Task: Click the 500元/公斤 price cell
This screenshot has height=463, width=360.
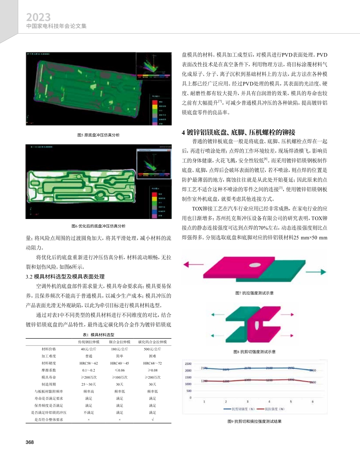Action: (152, 349)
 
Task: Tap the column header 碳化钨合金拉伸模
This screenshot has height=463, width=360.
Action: (152, 342)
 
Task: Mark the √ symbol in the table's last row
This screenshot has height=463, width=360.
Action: (152, 419)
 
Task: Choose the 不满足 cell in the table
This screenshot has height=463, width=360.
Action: (88, 412)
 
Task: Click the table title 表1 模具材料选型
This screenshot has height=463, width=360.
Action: (99, 335)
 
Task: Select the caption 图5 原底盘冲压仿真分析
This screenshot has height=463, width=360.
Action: (98, 135)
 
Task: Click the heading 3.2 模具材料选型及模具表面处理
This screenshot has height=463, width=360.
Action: (65, 276)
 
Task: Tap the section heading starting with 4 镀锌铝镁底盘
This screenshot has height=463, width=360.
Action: (238, 132)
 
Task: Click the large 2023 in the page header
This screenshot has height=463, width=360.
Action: (38, 17)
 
